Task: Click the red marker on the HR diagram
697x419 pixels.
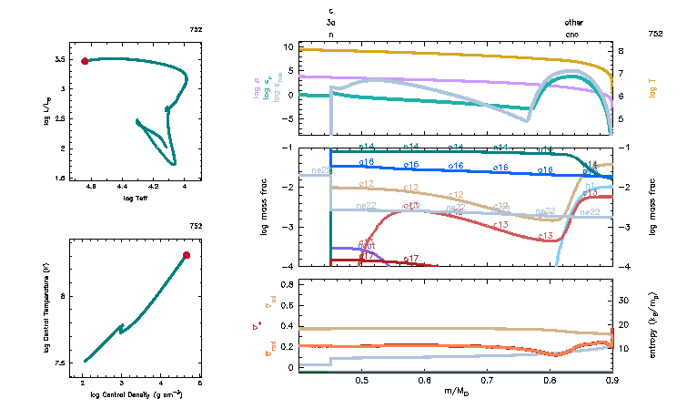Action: (85, 61)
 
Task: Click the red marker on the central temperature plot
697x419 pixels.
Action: (187, 255)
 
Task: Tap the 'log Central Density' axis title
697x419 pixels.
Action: (136, 394)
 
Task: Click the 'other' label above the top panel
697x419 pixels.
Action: (573, 22)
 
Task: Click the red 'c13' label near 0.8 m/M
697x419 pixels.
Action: (546, 236)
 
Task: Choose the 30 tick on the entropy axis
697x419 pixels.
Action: (623, 300)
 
